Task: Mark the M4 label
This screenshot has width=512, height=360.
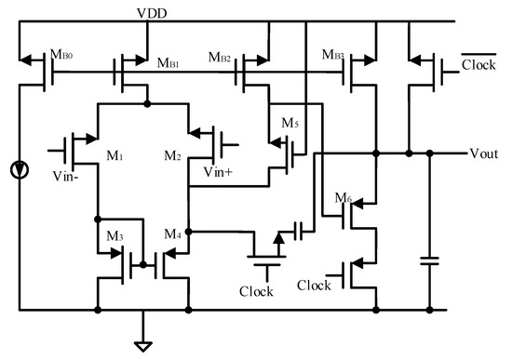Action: tap(174, 234)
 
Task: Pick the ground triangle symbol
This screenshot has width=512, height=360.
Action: tap(142, 345)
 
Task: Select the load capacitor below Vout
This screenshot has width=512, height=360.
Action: tap(429, 263)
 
